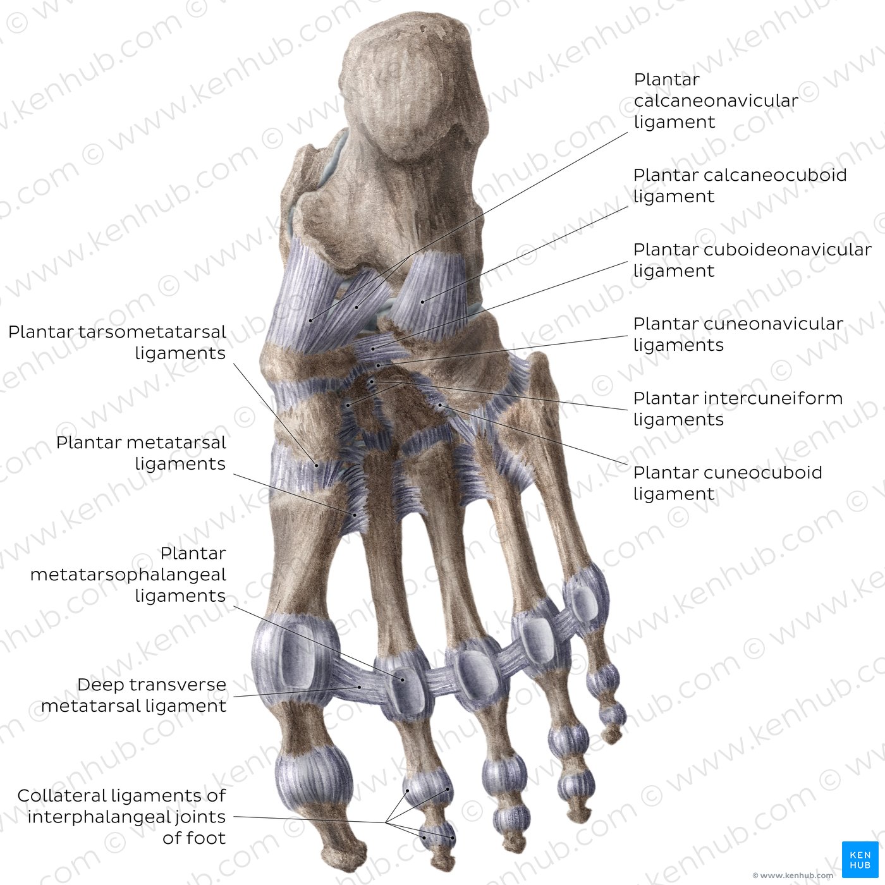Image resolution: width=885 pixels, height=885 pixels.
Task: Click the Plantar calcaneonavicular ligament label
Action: pos(716,101)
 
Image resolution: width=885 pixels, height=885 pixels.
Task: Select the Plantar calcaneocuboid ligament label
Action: pos(740,186)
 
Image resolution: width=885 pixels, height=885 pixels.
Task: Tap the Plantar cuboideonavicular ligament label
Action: pos(752,260)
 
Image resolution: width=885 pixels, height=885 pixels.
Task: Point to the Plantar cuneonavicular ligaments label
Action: pos(738,334)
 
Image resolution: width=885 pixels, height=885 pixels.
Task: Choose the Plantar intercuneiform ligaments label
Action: pos(738,408)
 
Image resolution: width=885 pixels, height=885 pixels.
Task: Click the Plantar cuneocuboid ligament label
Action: pos(728,483)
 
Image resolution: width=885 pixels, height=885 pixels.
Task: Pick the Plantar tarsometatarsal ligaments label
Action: pos(117,342)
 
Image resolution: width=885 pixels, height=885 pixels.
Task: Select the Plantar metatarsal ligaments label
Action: pos(141,453)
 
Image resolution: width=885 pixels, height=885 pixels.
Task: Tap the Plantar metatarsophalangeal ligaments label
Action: pos(128,574)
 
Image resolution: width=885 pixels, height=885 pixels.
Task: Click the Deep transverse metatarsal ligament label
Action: pos(133,695)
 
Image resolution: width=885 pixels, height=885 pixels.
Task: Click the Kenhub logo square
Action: pos(860,859)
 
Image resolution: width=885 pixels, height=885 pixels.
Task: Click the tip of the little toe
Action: pos(611,740)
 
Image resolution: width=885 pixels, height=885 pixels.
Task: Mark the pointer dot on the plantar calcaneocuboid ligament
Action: pos(422,302)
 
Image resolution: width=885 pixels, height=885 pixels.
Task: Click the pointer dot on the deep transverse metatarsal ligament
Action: pos(359,688)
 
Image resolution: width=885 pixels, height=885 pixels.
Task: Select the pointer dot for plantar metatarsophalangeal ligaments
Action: pos(403,680)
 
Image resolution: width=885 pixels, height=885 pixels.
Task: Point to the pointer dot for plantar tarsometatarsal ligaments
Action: pos(317,465)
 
